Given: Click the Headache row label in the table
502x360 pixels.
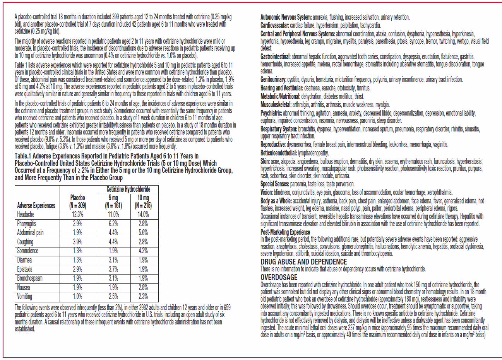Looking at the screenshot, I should tap(26, 215).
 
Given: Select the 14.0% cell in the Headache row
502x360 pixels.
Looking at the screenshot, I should tap(143, 215).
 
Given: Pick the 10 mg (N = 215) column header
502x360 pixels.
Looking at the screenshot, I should tap(143, 201).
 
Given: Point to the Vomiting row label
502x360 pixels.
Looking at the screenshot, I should tap(25, 297).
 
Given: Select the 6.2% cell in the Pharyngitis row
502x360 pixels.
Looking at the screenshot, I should tap(113, 224).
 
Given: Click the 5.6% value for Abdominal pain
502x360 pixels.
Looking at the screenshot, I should tap(143, 233).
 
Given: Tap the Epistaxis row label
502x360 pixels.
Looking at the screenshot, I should tap(25, 269).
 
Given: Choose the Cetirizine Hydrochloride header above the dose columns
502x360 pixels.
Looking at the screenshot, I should tap(128, 189).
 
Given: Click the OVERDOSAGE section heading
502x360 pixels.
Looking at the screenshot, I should tap(279, 277).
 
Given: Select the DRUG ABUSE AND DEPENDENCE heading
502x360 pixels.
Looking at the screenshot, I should tap(304, 262).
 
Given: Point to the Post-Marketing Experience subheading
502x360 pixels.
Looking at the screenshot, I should tap(285, 232).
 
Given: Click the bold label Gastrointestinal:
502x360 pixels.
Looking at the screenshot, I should tap(276, 56).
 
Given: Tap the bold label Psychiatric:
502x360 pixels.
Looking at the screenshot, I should tap(271, 113).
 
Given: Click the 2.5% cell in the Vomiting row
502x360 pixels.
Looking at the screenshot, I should tap(113, 297).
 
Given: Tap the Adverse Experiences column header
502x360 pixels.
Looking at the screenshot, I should tap(36, 205).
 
